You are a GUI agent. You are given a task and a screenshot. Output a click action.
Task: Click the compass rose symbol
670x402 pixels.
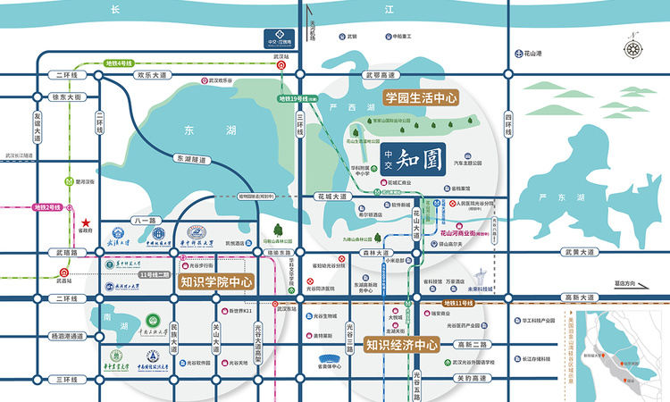tap(635, 49)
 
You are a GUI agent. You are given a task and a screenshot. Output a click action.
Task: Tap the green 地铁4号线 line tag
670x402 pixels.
tap(118, 63)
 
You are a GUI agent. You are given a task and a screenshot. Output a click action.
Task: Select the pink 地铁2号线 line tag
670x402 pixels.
tap(46, 207)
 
